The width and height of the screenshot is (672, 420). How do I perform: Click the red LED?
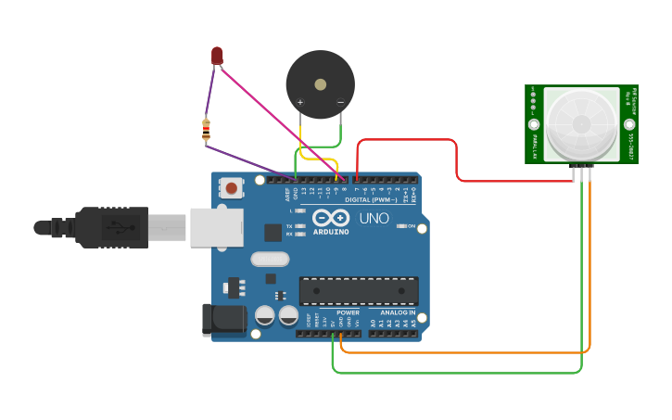pos(217,56)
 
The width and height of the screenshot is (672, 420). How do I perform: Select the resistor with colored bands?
pos(206,131)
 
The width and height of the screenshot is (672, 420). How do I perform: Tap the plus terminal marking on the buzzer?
pos(299,102)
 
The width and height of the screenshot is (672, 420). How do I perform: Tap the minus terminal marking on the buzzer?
pos(340,102)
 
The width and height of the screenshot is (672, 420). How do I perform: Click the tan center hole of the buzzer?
pos(320,84)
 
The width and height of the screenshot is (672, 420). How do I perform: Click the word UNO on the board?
pos(374,219)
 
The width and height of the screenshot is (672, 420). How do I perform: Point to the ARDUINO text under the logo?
pos(331,232)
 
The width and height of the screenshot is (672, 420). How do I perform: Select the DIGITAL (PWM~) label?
pos(370,199)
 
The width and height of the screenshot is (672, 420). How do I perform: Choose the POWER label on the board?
pos(348,312)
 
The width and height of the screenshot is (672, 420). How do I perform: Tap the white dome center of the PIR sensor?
pos(581,123)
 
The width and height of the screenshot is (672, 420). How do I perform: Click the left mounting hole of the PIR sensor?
pos(534,123)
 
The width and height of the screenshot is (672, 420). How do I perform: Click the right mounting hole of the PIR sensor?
pos(629,123)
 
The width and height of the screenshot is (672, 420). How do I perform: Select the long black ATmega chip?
pos(358,291)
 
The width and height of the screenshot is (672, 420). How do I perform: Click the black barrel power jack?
pos(223,320)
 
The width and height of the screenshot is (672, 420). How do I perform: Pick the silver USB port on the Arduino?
pos(215,227)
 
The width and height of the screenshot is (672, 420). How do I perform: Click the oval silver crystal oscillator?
pos(270,261)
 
